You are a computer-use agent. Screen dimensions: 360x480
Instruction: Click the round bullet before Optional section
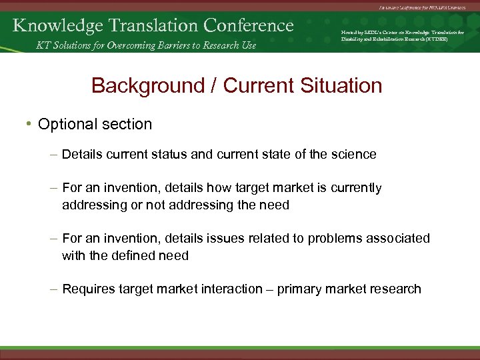point(29,125)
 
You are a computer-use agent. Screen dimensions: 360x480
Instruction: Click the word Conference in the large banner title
point(249,25)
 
